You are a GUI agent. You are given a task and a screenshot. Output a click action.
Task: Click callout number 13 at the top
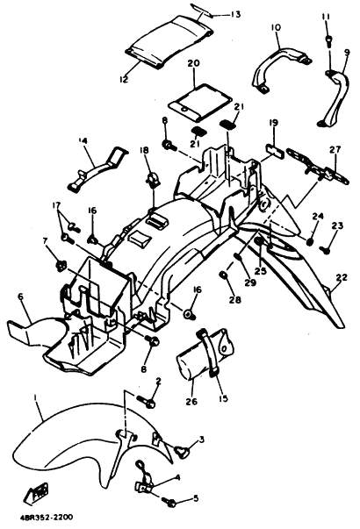point(235,14)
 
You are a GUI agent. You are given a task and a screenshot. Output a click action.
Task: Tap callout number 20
point(194,63)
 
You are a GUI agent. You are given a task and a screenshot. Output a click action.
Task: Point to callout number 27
point(336,149)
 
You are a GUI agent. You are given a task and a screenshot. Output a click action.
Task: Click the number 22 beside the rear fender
point(342,277)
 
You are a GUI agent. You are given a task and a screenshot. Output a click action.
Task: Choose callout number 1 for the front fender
point(35,397)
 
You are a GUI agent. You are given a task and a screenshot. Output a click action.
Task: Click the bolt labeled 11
point(328,40)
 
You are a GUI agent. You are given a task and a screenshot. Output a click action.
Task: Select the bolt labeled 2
point(146,401)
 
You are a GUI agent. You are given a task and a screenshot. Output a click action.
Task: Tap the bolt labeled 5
point(169,502)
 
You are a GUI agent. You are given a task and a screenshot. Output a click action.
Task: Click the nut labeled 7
point(61,266)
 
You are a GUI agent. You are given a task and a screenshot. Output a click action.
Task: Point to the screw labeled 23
point(326,250)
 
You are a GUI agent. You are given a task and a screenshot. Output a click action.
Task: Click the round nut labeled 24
point(310,241)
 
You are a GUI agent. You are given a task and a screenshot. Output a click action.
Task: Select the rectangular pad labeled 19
point(274,147)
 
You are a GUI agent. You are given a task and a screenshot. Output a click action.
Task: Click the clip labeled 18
point(153,178)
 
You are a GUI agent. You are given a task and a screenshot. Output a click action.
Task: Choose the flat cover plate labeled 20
point(200,101)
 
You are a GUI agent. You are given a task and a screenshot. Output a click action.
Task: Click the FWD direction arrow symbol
point(37,492)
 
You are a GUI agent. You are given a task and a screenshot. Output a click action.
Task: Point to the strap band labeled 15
point(208,351)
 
